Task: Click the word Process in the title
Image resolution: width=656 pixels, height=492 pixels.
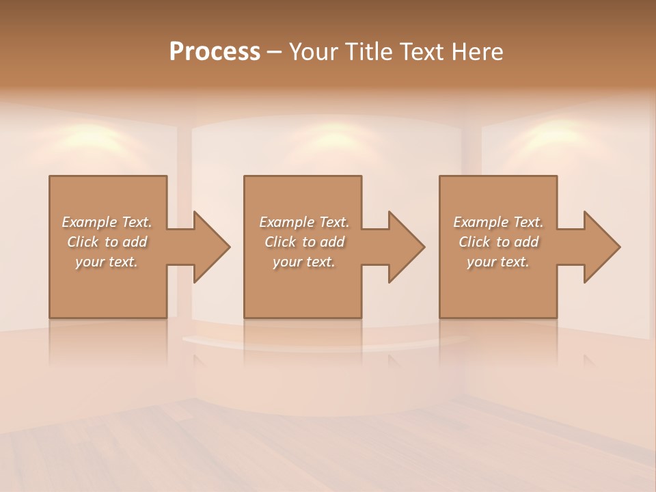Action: tap(215, 52)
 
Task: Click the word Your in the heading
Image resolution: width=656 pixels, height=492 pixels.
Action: tap(313, 52)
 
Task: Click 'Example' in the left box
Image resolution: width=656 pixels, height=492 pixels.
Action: tap(90, 222)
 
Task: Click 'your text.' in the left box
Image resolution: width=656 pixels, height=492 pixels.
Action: tap(107, 262)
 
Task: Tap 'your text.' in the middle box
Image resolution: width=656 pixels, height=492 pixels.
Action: tap(304, 262)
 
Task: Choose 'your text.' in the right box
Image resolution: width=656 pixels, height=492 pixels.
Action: tap(498, 262)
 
